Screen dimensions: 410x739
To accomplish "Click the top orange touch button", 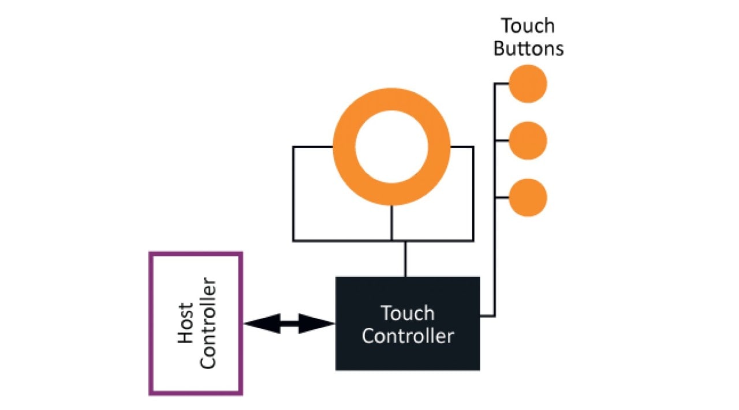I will click(x=528, y=84).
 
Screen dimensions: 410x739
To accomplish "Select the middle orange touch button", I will click(x=528, y=141).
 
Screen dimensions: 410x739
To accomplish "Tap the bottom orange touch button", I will click(x=528, y=198).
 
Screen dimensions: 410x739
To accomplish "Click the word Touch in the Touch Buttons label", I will click(x=528, y=27).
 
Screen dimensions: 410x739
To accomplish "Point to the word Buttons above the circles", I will click(x=528, y=48).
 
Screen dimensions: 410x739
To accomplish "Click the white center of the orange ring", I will click(x=391, y=146).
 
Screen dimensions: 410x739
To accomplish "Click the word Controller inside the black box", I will click(x=408, y=336).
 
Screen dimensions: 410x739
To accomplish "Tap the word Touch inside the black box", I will click(x=408, y=314).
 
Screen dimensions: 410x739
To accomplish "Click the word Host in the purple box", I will click(x=185, y=323).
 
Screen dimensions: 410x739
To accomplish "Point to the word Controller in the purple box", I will click(x=207, y=323).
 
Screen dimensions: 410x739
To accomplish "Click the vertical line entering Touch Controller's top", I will click(x=405, y=259).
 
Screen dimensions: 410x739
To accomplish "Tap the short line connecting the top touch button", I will click(x=501, y=84).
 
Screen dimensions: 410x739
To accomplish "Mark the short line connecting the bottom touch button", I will click(x=501, y=198).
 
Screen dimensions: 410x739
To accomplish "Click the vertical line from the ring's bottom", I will click(x=391, y=223).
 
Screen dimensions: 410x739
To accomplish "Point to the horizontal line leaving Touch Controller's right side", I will click(x=487, y=315).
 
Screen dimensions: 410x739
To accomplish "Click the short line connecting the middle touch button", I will click(x=501, y=141).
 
